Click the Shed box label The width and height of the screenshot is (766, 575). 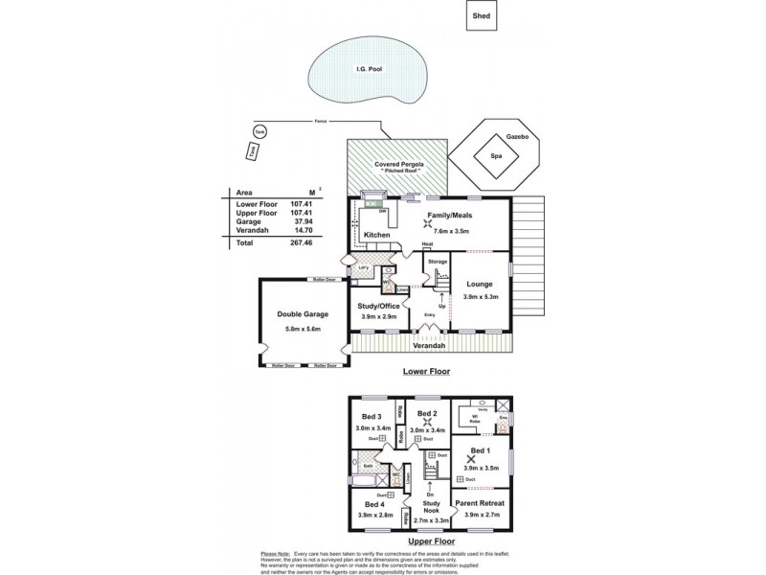481,15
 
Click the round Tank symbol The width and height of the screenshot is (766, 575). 259,131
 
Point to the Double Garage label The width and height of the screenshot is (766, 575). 303,314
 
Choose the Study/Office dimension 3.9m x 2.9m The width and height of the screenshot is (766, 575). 380,316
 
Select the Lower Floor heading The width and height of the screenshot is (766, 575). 428,371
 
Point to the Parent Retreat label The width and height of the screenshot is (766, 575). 479,503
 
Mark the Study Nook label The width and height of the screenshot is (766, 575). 431,505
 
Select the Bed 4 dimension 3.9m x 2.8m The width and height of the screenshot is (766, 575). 373,515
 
